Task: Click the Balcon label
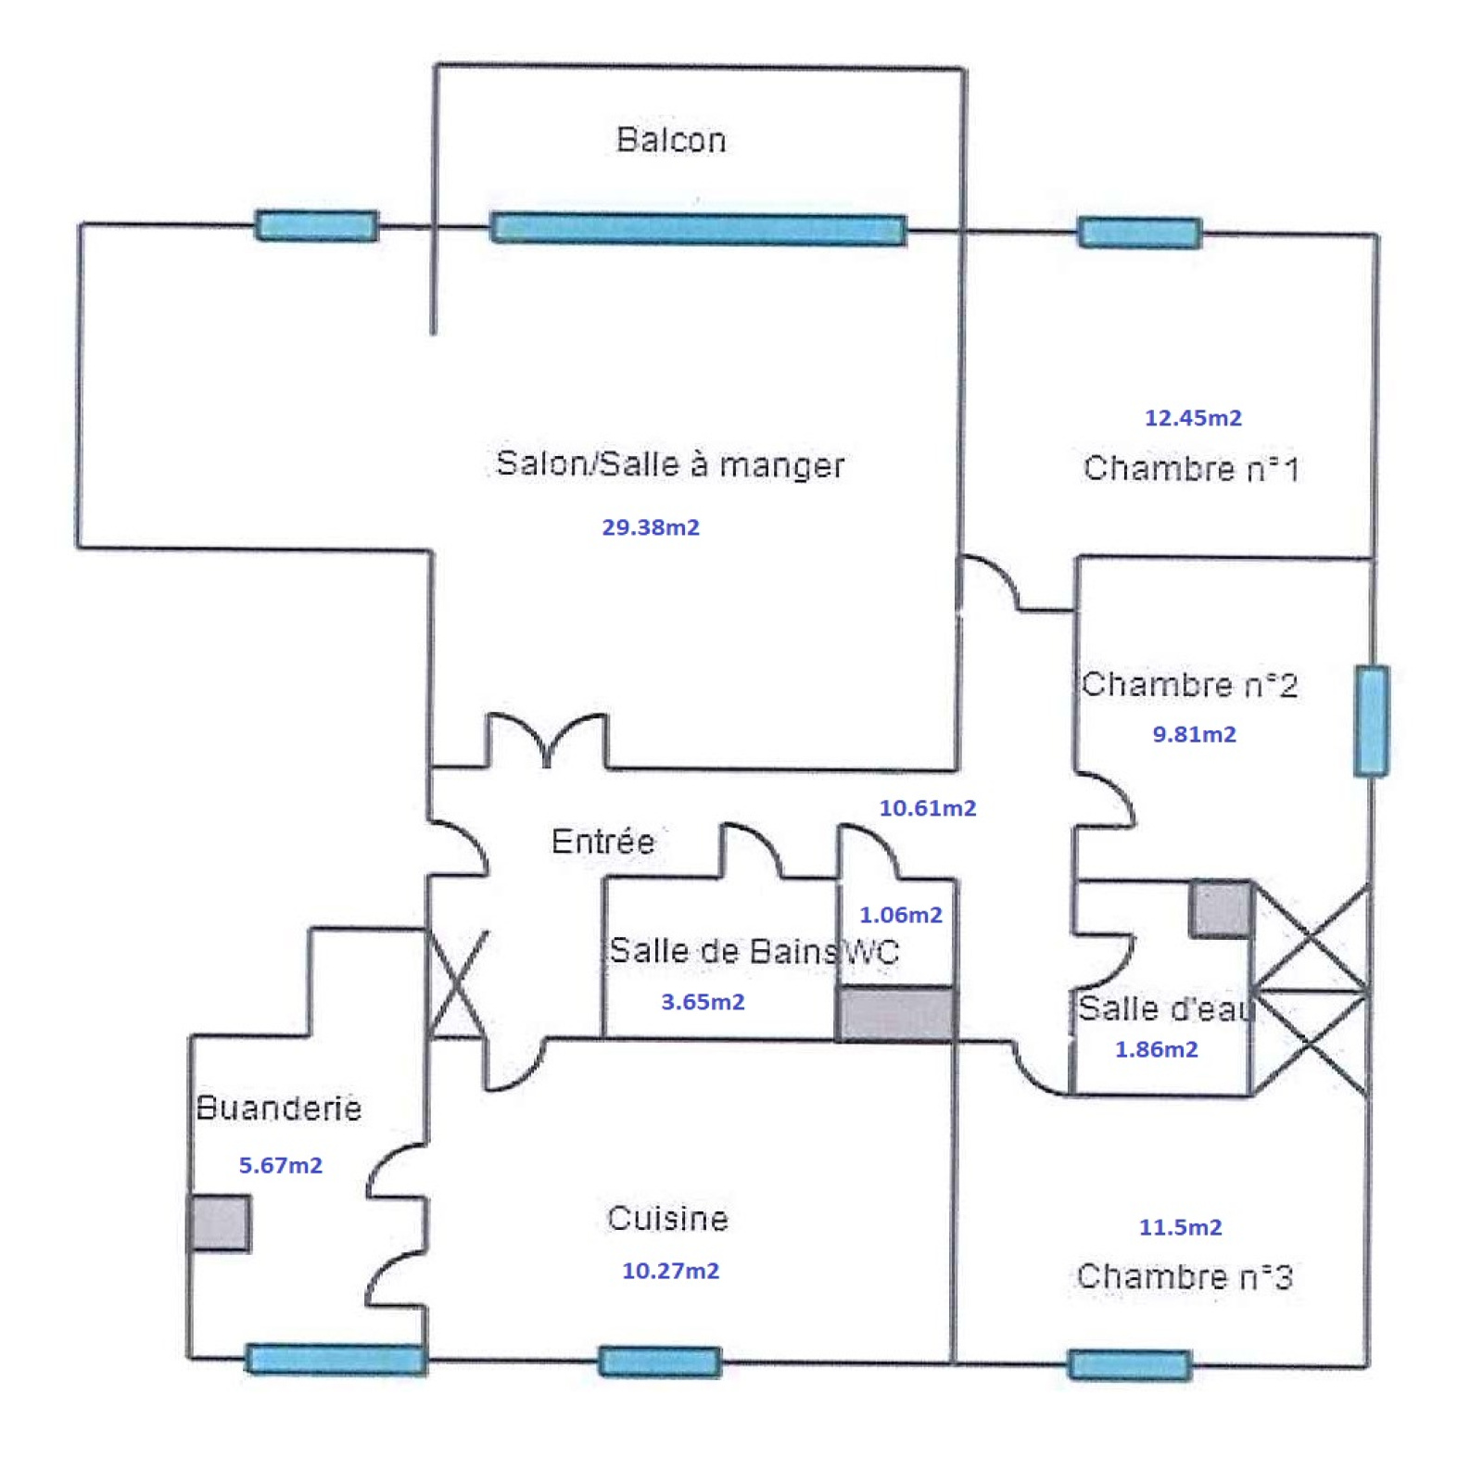671,140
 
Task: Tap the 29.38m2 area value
651,527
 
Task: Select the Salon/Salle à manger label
669,463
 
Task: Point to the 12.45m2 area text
1193,418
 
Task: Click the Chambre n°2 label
1189,685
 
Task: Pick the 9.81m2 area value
1194,734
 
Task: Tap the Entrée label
602,842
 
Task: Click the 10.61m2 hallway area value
928,808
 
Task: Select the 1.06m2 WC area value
900,915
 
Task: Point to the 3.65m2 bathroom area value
703,1002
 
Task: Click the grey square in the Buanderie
220,1223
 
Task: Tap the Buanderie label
278,1108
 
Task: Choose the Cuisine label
667,1218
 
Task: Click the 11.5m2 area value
1180,1227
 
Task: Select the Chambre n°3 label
1185,1276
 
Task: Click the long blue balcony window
698,229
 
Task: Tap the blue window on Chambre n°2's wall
1371,720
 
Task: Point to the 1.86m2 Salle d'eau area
1156,1049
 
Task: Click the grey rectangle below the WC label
895,1013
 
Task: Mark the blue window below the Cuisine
660,1362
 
